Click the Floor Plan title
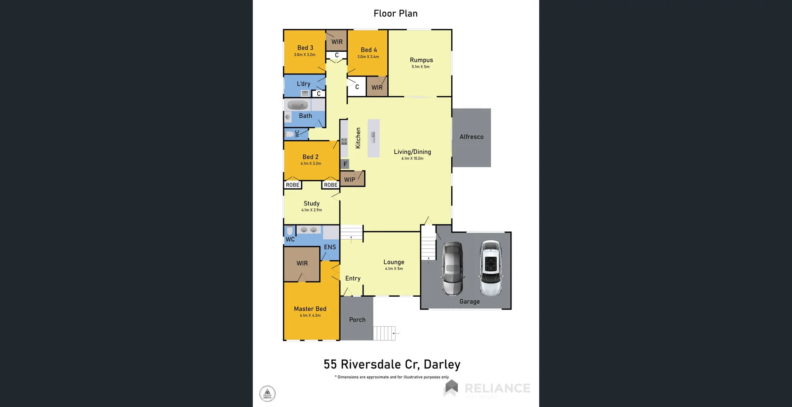point(395,14)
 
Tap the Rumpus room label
point(421,60)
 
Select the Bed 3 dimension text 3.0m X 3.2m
point(304,55)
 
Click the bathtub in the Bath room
point(298,105)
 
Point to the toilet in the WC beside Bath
point(290,134)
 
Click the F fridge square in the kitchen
point(345,164)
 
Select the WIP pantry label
point(349,180)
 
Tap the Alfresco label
point(471,137)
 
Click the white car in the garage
point(490,268)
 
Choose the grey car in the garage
point(453,268)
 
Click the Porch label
point(357,319)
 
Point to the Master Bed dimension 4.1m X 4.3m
point(310,315)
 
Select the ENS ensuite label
point(330,247)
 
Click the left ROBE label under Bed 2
point(292,185)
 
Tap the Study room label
point(311,203)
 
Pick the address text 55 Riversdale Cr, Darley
point(392,364)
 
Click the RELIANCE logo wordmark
point(497,388)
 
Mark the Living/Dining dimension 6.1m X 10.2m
point(412,158)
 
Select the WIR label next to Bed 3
point(337,42)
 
